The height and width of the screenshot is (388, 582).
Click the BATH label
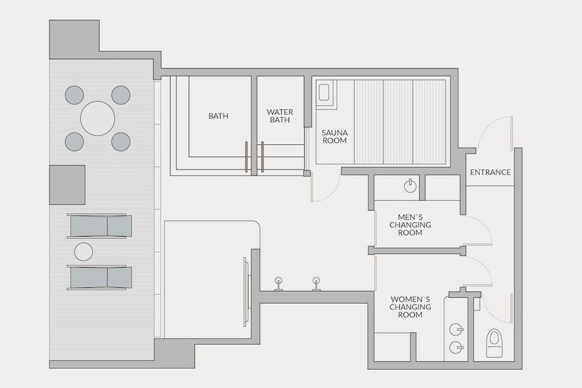pyautogui.click(x=219, y=116)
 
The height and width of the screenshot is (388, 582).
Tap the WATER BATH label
pyautogui.click(x=280, y=116)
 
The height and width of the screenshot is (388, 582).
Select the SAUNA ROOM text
pyautogui.click(x=334, y=136)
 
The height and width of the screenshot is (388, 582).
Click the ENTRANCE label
pyautogui.click(x=490, y=172)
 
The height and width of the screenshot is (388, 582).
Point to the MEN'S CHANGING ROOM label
pyautogui.click(x=410, y=224)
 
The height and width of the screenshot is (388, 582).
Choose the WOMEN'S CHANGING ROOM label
pyautogui.click(x=410, y=307)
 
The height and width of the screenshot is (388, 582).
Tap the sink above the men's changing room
pyautogui.click(x=410, y=186)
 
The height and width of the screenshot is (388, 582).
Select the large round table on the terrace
pyautogui.click(x=98, y=118)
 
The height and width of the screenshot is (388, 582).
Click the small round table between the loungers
pyautogui.click(x=83, y=252)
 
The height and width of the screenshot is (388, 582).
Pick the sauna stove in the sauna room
pyautogui.click(x=324, y=92)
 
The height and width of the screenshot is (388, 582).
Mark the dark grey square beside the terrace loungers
pyautogui.click(x=67, y=185)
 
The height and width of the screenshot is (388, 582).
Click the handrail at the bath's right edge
pyautogui.click(x=246, y=157)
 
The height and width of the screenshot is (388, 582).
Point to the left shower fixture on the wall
pyautogui.click(x=278, y=284)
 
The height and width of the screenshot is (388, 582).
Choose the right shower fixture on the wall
pyautogui.click(x=316, y=284)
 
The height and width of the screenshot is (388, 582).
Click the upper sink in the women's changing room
pyautogui.click(x=456, y=329)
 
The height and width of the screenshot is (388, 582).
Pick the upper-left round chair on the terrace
pyautogui.click(x=74, y=95)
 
